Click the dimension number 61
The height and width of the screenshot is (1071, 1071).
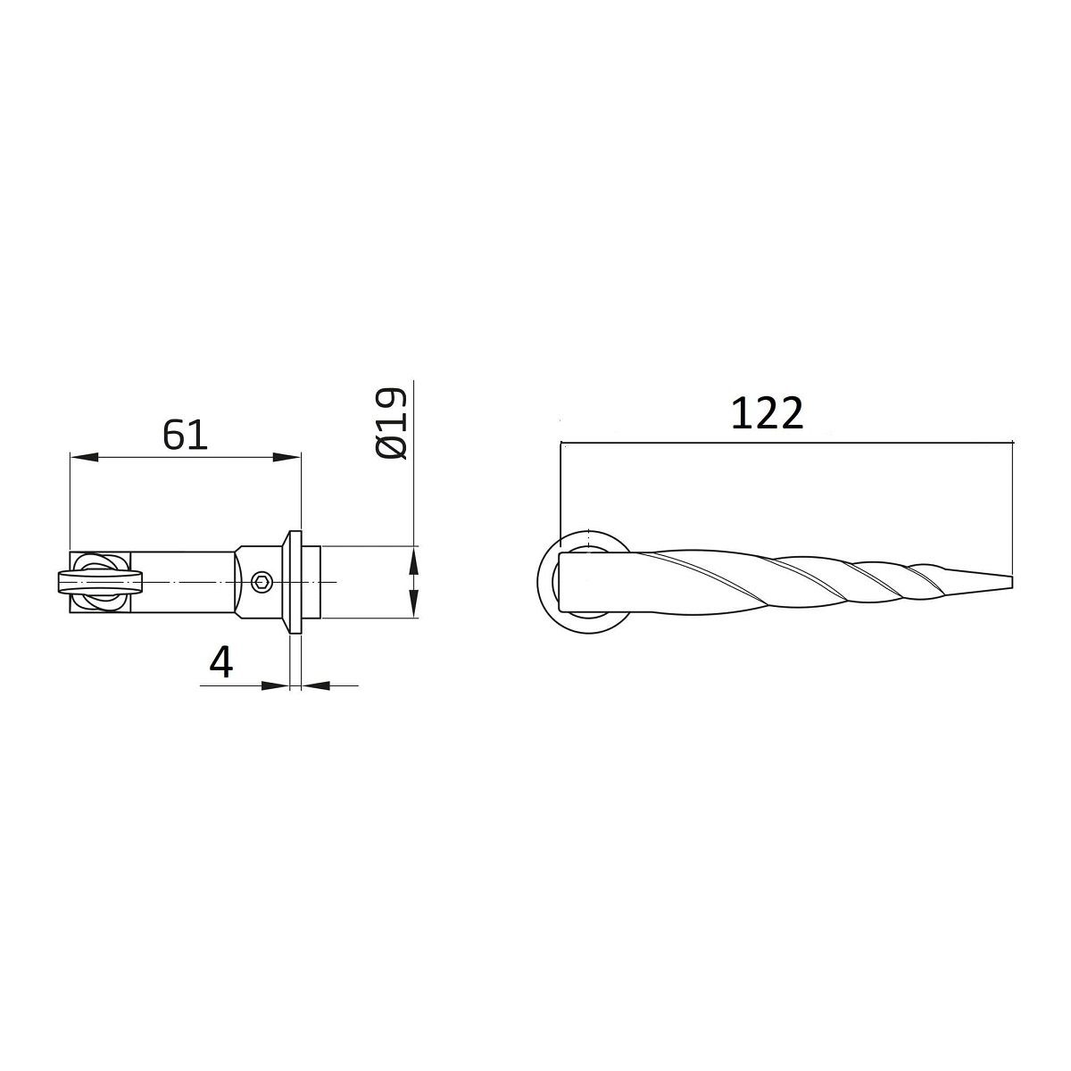(185, 436)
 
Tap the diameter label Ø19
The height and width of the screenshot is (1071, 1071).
(392, 424)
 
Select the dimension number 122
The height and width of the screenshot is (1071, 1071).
(767, 413)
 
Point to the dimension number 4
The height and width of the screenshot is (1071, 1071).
(221, 662)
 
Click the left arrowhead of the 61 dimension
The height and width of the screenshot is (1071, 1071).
(84, 458)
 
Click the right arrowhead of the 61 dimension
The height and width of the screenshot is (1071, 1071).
(286, 458)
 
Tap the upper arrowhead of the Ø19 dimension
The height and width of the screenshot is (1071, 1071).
(412, 560)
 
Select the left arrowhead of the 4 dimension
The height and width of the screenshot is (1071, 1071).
(276, 685)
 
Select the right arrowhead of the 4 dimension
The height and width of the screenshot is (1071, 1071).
(315, 685)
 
